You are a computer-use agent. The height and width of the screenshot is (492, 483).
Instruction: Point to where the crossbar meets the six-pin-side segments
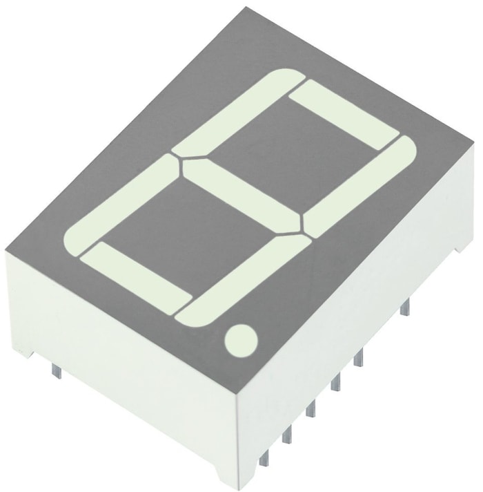pos(302,228)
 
